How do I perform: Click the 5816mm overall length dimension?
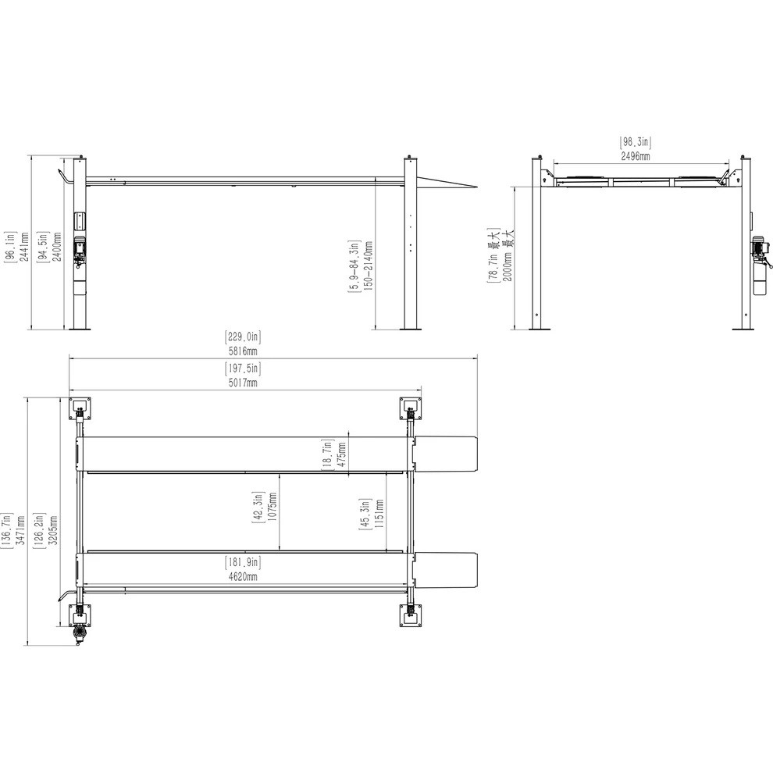242,351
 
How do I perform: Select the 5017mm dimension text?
242,383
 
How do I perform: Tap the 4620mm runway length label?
242,576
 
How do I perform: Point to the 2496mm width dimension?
636,156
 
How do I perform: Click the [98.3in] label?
636,142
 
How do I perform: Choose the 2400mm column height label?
57,247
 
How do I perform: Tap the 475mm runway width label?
342,456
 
